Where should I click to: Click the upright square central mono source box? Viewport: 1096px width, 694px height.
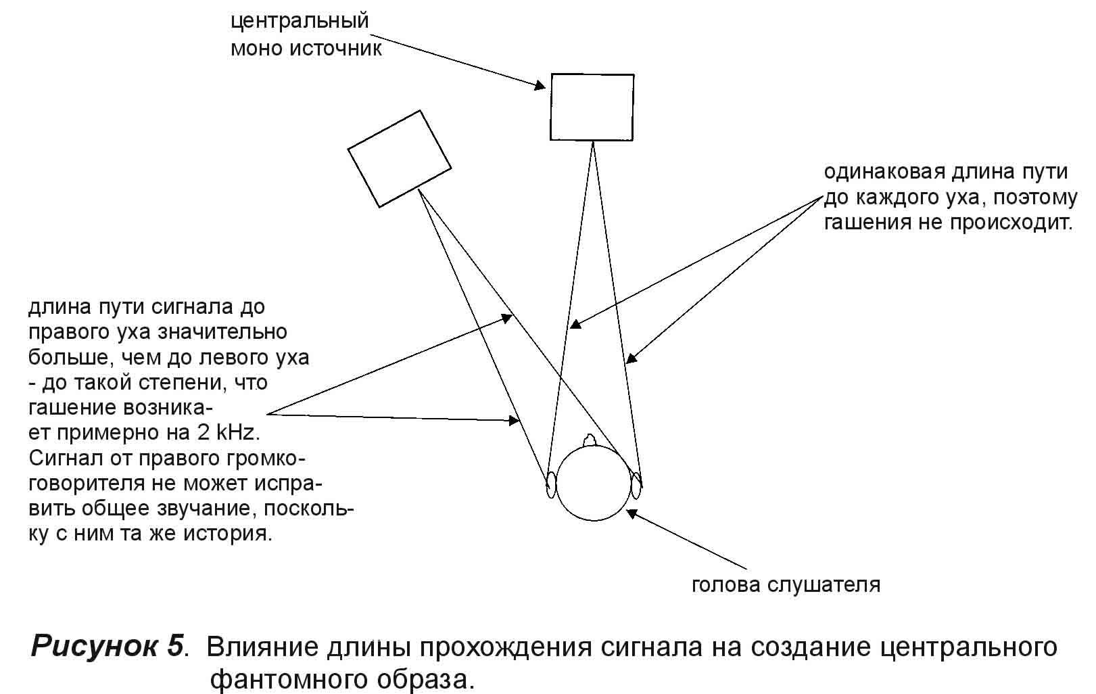coord(592,107)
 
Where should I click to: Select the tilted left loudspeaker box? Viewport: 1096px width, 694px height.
coord(399,158)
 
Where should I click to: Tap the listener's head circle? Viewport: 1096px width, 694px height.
coord(593,484)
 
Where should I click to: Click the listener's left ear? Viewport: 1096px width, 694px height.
coord(551,484)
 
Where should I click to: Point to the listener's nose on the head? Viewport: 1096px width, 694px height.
coord(590,440)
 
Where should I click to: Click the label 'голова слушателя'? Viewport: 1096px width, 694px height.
coord(786,584)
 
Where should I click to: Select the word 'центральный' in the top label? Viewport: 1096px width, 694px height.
coord(300,21)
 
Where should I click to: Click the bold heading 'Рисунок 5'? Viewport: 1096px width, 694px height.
coord(108,647)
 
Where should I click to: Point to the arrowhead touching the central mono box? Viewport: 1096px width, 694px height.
coord(540,86)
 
